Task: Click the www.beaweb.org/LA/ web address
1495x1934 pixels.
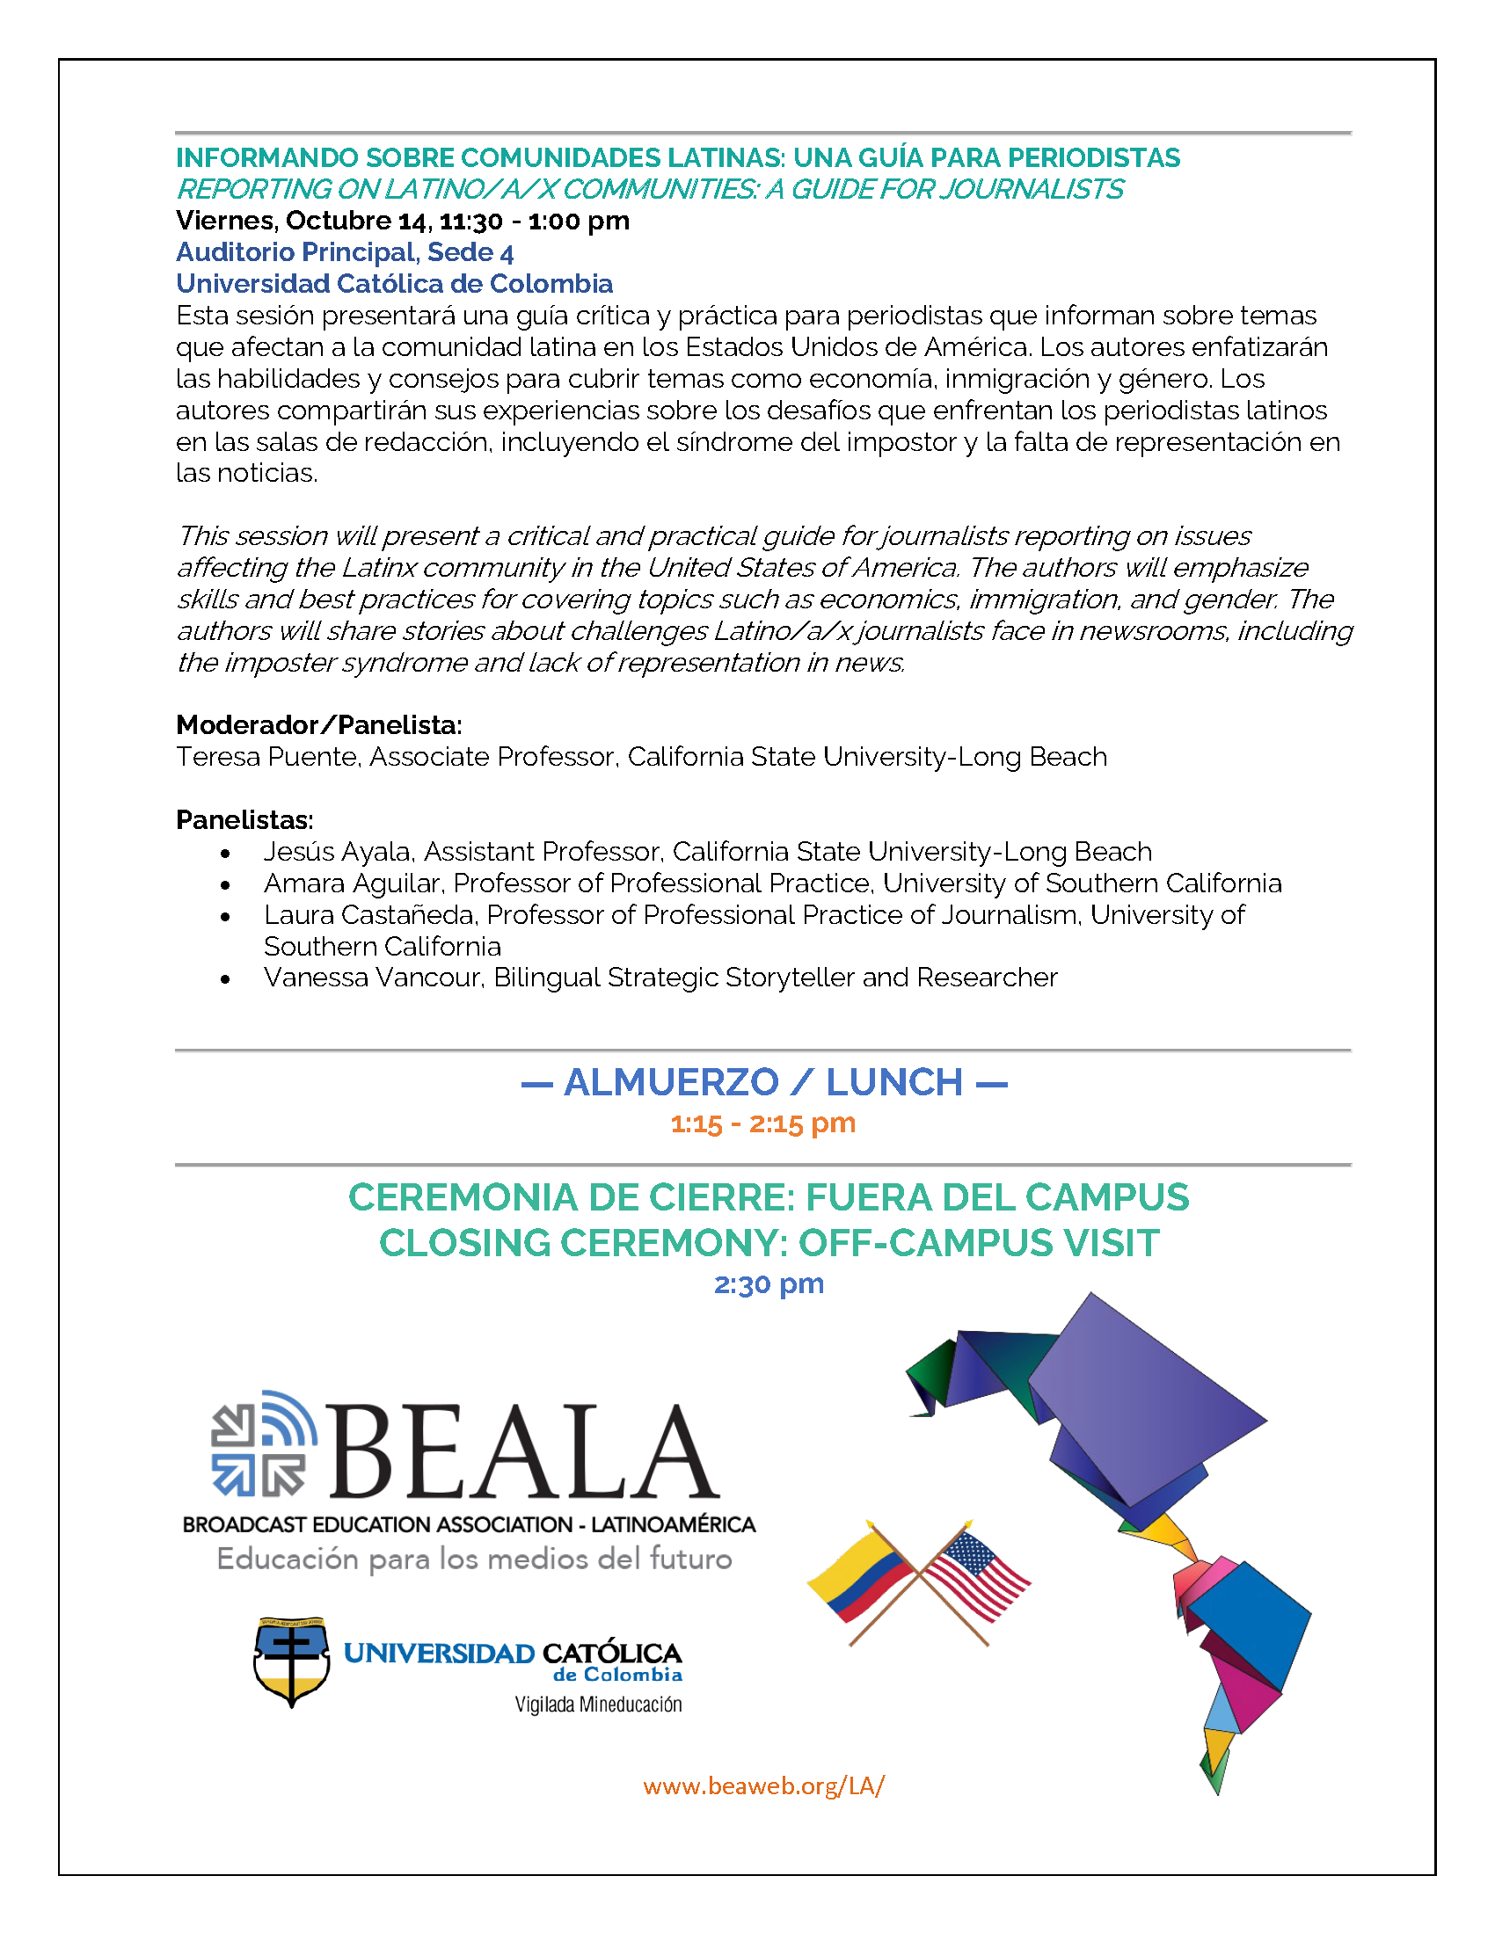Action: point(763,1785)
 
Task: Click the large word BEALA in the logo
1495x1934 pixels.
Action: point(522,1453)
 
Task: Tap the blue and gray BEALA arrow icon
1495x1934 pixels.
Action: point(262,1444)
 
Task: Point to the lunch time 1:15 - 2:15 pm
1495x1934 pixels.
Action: point(762,1123)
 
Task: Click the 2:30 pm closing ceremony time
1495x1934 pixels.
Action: point(769,1283)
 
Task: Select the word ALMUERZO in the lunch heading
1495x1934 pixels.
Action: point(671,1082)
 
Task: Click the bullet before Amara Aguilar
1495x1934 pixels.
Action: point(227,884)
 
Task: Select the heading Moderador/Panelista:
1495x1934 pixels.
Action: point(319,725)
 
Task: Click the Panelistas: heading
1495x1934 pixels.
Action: point(244,820)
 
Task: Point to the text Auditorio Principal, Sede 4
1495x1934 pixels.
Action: point(345,252)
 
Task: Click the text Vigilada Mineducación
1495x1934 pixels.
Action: point(598,1705)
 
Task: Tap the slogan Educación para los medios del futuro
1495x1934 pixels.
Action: point(474,1559)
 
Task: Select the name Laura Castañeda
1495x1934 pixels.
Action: point(372,915)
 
